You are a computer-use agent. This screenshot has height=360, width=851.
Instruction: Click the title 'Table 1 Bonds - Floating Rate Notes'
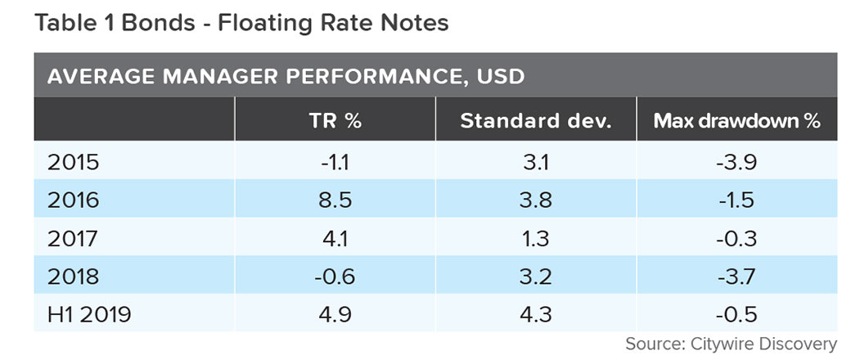coord(241,22)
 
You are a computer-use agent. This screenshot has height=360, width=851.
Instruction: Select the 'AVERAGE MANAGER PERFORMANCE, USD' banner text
coord(286,77)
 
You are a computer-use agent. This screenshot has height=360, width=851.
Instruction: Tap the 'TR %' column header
coord(335,121)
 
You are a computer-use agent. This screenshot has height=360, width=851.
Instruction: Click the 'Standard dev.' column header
coord(535,121)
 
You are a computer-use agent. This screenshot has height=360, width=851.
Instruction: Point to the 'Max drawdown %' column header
coord(736,121)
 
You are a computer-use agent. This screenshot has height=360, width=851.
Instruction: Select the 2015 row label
coord(73,162)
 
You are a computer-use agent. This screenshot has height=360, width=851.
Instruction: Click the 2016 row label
coord(73,200)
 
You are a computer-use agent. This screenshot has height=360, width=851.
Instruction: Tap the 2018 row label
coord(73,277)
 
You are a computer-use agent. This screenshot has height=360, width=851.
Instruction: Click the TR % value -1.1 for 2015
coord(335,162)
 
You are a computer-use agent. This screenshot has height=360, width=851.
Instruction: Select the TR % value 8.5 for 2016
coord(335,200)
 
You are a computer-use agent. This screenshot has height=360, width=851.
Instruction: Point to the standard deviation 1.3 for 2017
coord(535,239)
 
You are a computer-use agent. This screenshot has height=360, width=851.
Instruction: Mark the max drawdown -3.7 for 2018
coord(736,277)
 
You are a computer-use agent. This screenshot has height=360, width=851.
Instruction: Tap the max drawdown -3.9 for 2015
coord(736,162)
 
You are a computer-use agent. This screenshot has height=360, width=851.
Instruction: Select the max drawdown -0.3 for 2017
coord(736,239)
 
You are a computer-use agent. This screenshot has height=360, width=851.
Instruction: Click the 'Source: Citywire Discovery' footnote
coord(731,344)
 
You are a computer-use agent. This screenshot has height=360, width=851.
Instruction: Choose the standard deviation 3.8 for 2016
coord(535,200)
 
